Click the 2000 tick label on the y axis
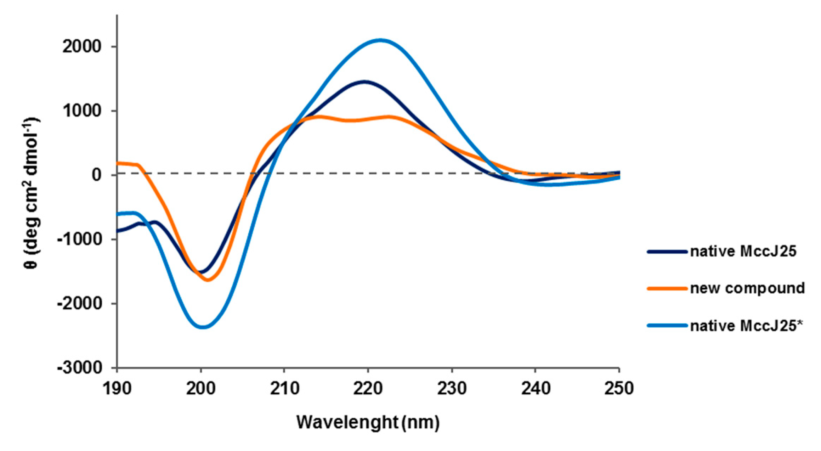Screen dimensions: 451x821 (82, 47)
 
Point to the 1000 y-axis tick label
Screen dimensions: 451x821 (82, 111)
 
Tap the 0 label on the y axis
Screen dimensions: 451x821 (97, 175)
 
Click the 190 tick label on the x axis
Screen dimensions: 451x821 (117, 389)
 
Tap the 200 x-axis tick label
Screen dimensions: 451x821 (201, 389)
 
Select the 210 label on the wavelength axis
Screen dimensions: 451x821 (284, 389)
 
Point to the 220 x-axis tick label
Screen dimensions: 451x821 (368, 389)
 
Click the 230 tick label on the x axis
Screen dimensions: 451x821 (452, 389)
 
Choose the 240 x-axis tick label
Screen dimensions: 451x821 (536, 389)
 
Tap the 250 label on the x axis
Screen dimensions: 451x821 (619, 389)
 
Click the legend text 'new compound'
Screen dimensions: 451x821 (747, 288)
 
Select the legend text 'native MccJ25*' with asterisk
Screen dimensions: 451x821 (746, 326)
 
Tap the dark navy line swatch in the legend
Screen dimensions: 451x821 (667, 252)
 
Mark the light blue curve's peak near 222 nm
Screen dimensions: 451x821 (381, 40)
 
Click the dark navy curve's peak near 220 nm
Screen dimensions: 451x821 (365, 82)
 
